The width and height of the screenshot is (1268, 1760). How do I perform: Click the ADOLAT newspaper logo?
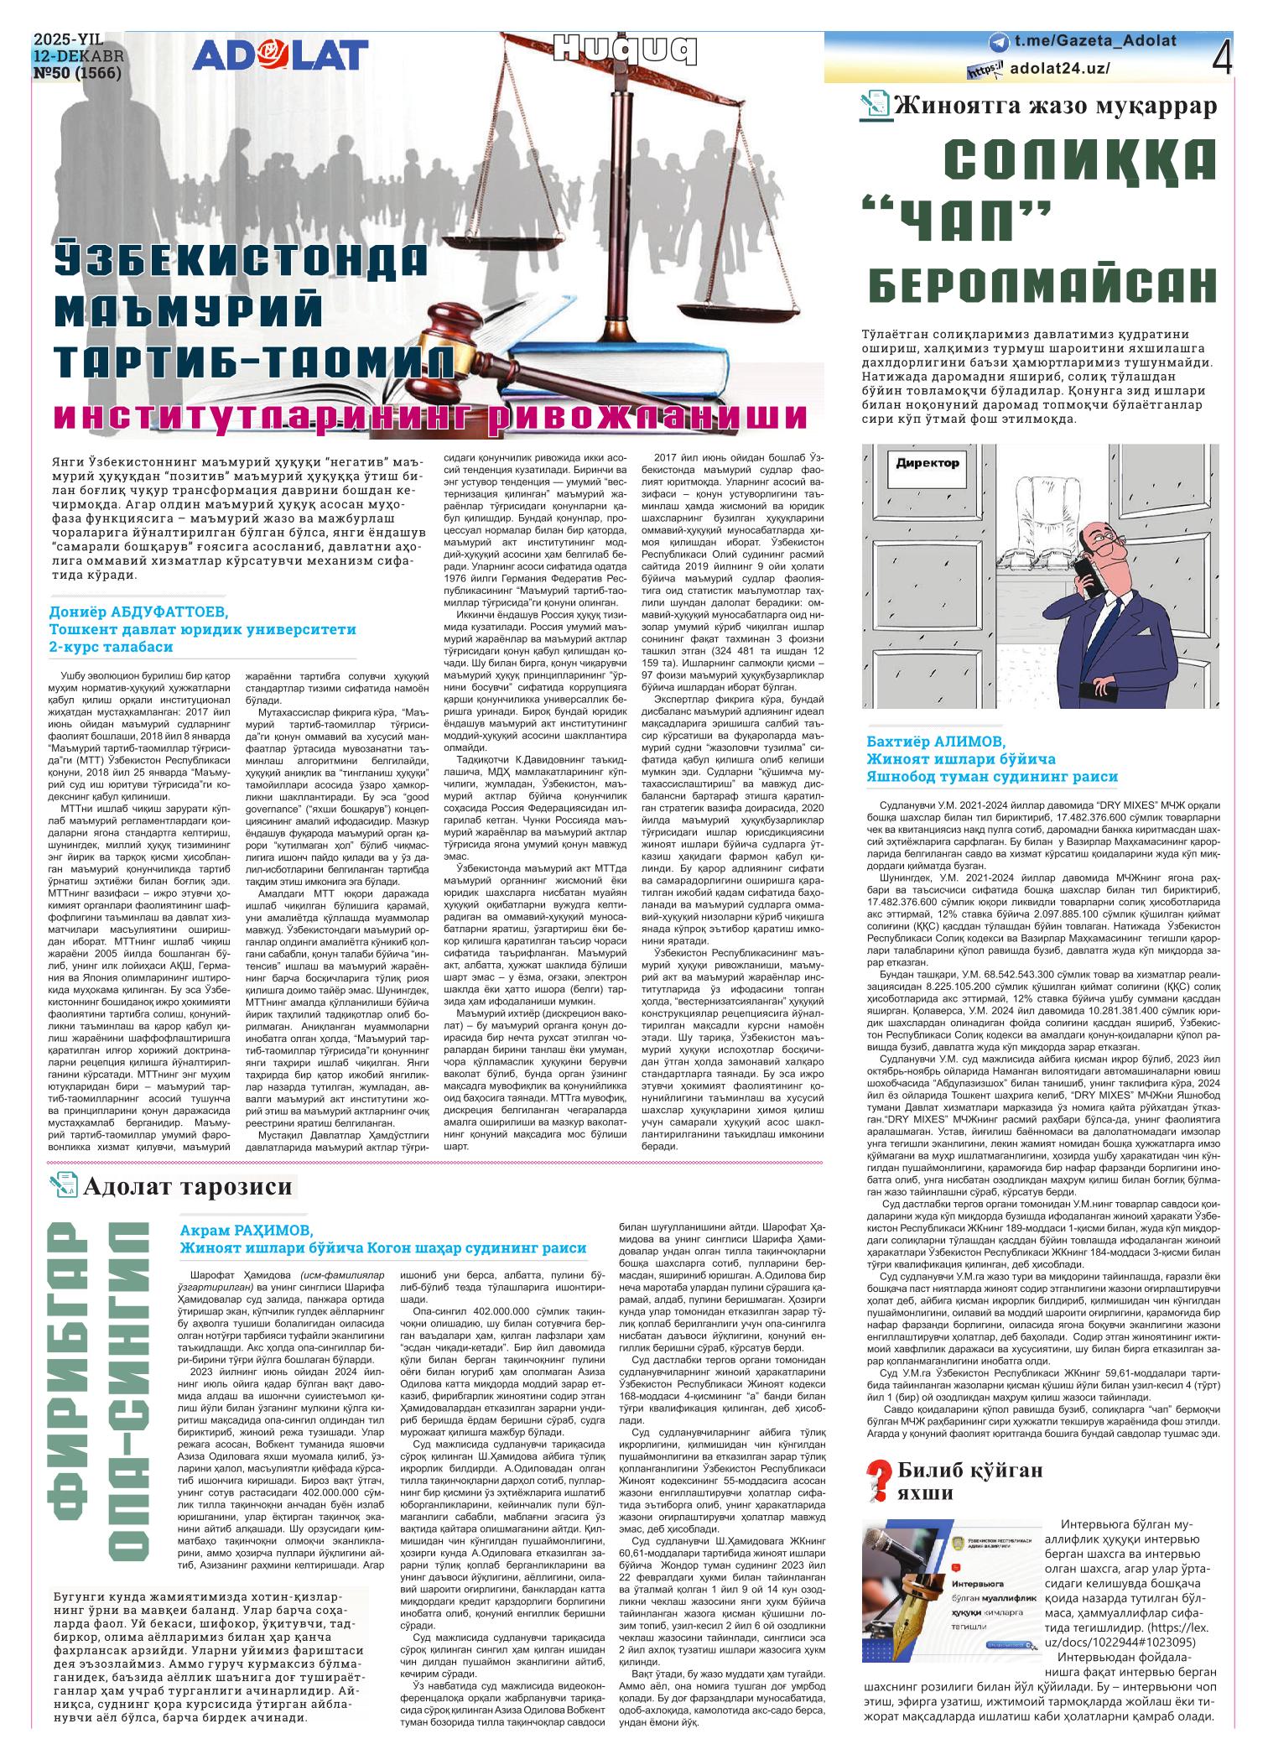pyautogui.click(x=280, y=55)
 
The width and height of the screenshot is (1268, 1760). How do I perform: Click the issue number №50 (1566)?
pyautogui.click(x=77, y=73)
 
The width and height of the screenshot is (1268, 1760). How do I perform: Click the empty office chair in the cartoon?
pyautogui.click(x=1055, y=520)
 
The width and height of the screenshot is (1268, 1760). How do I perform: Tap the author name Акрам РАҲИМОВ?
pyautogui.click(x=246, y=1230)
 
